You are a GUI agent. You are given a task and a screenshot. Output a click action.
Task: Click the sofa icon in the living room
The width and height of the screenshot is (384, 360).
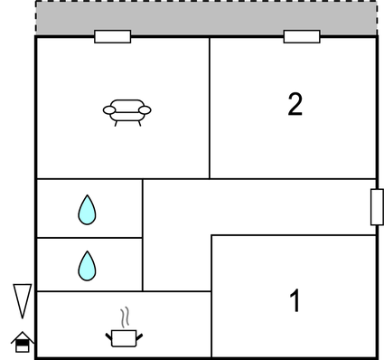[x=126, y=111]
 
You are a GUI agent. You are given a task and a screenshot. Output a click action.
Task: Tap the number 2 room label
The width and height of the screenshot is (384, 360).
[x=295, y=105]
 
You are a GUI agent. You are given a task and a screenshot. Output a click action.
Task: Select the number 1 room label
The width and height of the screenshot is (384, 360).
[x=295, y=300]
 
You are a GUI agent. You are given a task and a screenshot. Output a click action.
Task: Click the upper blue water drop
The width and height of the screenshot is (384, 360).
[x=87, y=210]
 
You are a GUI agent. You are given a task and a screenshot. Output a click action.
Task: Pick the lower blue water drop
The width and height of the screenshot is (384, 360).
[x=87, y=265]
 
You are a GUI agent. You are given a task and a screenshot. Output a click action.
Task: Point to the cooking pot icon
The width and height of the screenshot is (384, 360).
[x=124, y=338]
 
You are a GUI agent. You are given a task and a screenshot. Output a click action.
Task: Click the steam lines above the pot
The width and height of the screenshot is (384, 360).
[x=125, y=317]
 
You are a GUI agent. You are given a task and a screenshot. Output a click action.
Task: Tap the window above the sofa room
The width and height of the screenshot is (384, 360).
[x=112, y=37]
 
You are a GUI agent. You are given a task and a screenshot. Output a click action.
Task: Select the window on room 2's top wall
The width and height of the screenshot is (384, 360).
[x=301, y=37]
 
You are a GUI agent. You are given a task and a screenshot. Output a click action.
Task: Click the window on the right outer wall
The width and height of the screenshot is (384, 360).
[x=376, y=208]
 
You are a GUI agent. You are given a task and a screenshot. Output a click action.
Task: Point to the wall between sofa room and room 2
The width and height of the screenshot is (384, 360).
[x=210, y=109]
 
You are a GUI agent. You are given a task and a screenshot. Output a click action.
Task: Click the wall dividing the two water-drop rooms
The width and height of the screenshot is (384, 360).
[x=89, y=238]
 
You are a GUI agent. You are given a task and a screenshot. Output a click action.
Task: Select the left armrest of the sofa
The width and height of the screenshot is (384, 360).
[x=109, y=110]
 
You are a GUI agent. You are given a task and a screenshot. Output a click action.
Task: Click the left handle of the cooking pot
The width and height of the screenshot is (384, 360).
[x=109, y=335]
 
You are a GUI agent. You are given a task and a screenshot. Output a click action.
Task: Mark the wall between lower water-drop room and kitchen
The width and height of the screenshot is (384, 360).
[x=89, y=291]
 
